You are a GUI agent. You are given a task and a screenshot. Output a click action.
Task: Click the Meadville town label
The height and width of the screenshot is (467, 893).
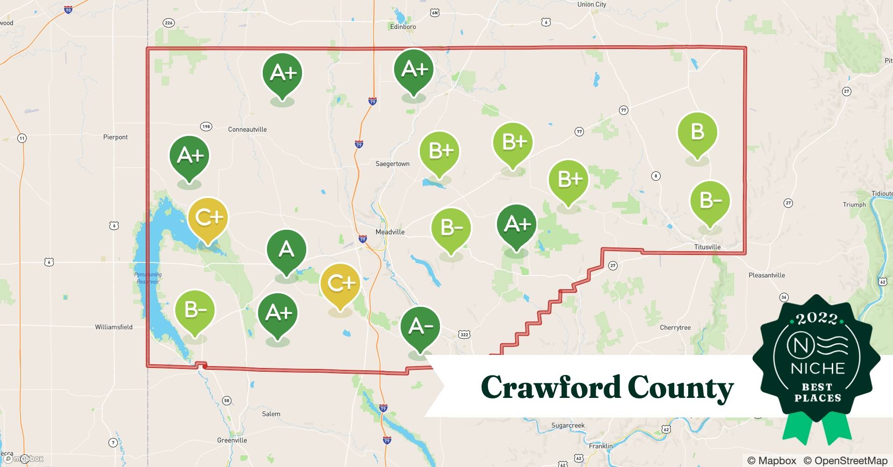tap(390, 232)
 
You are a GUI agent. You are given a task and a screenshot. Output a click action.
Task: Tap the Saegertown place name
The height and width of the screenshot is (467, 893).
tap(392, 164)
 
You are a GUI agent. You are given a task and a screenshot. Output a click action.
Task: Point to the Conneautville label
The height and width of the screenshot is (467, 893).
tap(247, 129)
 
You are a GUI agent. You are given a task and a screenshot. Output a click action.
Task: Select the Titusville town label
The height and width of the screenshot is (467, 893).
tap(707, 247)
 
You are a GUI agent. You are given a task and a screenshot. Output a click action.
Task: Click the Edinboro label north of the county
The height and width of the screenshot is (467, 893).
tap(403, 27)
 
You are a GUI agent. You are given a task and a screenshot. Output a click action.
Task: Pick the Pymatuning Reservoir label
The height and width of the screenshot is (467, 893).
tap(148, 278)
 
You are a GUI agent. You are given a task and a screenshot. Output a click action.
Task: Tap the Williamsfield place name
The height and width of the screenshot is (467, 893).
tap(114, 327)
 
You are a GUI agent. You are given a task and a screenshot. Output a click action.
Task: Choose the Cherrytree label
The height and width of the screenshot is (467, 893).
tap(675, 327)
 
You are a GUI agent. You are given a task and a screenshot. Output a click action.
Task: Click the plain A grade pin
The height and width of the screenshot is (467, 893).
tap(286, 250)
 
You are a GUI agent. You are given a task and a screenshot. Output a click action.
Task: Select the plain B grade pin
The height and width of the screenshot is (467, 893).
tap(697, 133)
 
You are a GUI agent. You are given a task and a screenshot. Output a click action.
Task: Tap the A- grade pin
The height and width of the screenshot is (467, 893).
tap(420, 327)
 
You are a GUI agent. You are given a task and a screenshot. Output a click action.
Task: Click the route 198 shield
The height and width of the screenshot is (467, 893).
tap(206, 127)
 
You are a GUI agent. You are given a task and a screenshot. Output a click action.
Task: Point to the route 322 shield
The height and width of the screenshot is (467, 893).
tap(464, 334)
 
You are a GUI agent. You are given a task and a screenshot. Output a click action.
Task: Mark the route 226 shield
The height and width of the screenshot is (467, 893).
tap(168, 23)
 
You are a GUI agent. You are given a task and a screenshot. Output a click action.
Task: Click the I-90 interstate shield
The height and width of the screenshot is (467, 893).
tap(68, 9)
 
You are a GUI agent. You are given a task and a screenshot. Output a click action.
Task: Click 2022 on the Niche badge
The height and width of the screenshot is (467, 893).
tap(816, 319)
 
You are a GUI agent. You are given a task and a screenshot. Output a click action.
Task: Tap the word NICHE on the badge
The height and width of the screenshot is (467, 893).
tap(817, 368)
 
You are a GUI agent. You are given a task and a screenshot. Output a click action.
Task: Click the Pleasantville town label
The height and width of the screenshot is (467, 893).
tap(766, 275)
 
